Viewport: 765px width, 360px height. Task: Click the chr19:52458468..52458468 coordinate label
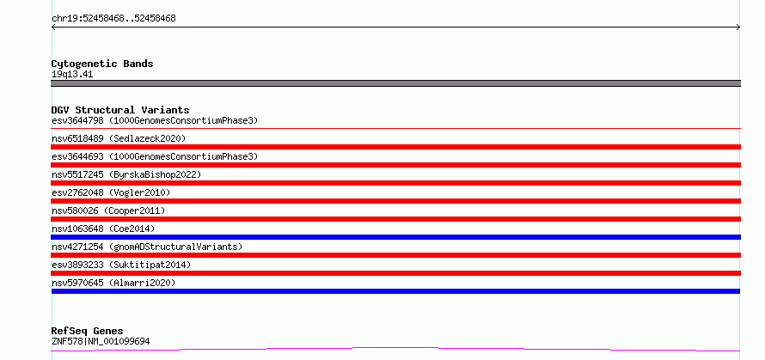[x=113, y=19]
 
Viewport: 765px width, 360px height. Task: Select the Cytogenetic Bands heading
[x=102, y=64]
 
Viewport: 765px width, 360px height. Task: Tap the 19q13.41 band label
[x=72, y=75]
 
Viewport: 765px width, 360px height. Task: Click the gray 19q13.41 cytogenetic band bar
[x=395, y=83]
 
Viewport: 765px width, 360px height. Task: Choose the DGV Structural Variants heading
[x=120, y=110]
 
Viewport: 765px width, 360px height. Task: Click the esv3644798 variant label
[x=155, y=120]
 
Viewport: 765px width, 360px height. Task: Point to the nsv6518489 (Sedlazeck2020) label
[x=119, y=138]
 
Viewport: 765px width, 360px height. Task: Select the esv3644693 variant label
[x=155, y=156]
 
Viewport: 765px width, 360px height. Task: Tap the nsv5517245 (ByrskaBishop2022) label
[x=126, y=174]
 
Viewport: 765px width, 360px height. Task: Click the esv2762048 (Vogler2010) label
[x=111, y=192]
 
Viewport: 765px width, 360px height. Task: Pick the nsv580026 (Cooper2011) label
[x=108, y=211]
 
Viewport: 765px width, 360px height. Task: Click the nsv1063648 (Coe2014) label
[x=103, y=229]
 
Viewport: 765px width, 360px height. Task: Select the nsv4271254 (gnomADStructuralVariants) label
[x=147, y=247]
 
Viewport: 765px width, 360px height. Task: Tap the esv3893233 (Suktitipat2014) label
[x=121, y=265]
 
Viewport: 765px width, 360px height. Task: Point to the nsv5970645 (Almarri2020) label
[x=113, y=283]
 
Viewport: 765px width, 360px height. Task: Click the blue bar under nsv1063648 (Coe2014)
[x=395, y=237]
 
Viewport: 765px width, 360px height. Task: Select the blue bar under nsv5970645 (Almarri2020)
[x=395, y=291]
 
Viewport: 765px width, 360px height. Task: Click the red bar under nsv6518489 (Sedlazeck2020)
[x=395, y=147]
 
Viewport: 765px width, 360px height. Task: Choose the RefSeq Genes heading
[x=87, y=332]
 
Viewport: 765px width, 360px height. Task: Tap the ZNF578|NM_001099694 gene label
[x=101, y=341]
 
